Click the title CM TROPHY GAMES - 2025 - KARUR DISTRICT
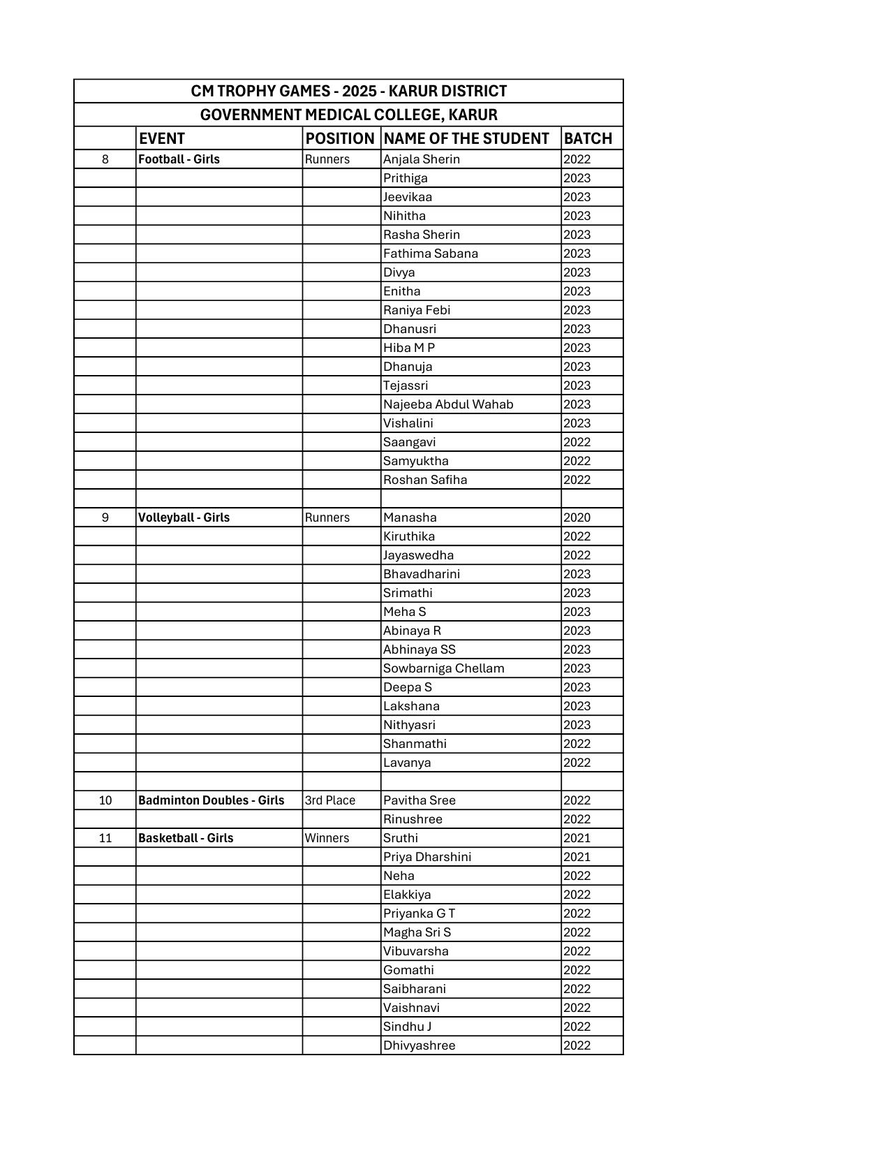pyautogui.click(x=348, y=91)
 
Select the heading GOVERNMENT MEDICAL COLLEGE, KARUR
pyautogui.click(x=348, y=115)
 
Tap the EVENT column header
pyautogui.click(x=162, y=138)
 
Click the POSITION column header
pyautogui.click(x=340, y=138)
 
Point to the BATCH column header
pyautogui.click(x=588, y=138)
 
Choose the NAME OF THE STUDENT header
pyautogui.click(x=466, y=138)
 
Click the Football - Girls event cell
pyautogui.click(x=179, y=159)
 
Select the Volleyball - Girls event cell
pyautogui.click(x=184, y=517)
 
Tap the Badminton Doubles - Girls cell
pyautogui.click(x=212, y=800)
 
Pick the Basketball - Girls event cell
pyautogui.click(x=186, y=838)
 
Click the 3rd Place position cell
pyautogui.click(x=330, y=800)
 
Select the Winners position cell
pyautogui.click(x=327, y=838)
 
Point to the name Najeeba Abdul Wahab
pyautogui.click(x=448, y=404)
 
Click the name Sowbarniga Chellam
pyautogui.click(x=443, y=668)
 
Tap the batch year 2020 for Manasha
pyautogui.click(x=577, y=517)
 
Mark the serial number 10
pyautogui.click(x=105, y=800)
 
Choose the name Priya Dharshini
pyautogui.click(x=427, y=857)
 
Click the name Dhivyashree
pyautogui.click(x=419, y=1045)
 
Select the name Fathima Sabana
pyautogui.click(x=431, y=254)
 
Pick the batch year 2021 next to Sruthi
pyautogui.click(x=577, y=838)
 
